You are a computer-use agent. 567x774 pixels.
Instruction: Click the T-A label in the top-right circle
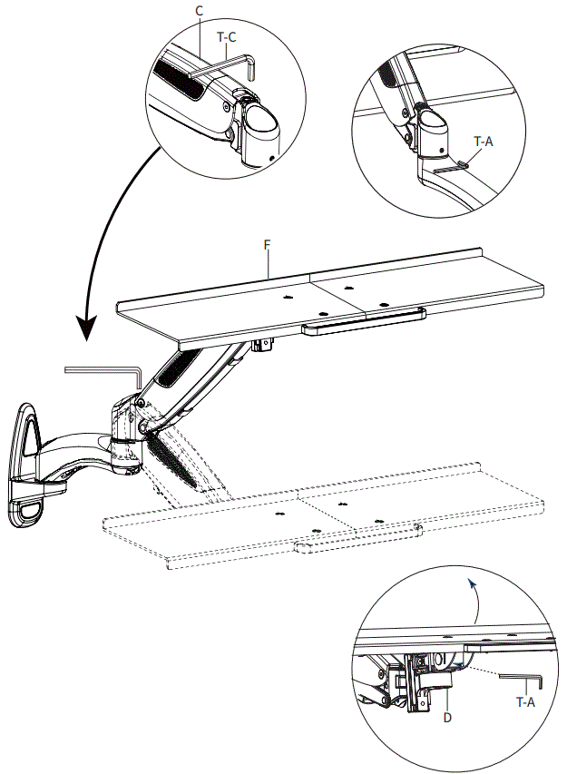tap(484, 142)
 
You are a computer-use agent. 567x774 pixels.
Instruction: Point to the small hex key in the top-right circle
tap(450, 167)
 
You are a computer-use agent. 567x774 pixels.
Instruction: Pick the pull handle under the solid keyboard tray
tap(363, 322)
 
